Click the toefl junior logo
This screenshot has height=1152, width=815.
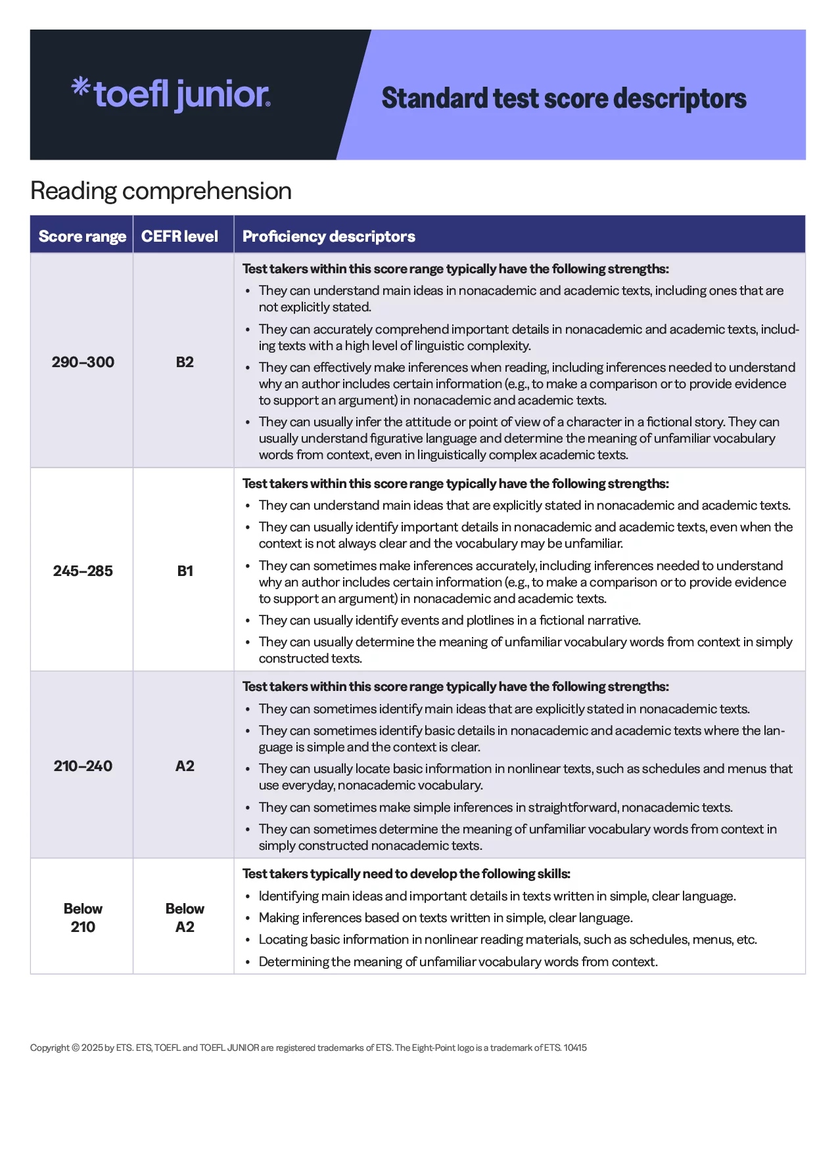click(x=171, y=95)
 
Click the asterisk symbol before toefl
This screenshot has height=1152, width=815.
click(x=80, y=87)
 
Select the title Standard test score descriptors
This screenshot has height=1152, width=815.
click(x=563, y=99)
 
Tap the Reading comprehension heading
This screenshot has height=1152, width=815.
click(x=161, y=191)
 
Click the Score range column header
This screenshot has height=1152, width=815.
click(x=82, y=236)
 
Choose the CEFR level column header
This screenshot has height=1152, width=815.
click(x=179, y=236)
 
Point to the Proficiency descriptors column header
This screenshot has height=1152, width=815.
click(x=329, y=236)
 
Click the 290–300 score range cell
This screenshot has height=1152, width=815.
click(x=83, y=362)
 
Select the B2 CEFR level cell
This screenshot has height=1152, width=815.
click(x=185, y=362)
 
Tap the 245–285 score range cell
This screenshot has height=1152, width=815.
click(x=83, y=571)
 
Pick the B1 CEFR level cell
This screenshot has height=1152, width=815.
click(x=185, y=571)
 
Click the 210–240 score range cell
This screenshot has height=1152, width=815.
click(x=83, y=766)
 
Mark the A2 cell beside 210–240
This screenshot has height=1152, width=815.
click(x=185, y=766)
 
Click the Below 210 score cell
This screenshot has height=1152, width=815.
click(x=83, y=918)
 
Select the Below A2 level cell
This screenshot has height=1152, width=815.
click(x=185, y=918)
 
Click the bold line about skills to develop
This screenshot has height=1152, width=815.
click(x=406, y=874)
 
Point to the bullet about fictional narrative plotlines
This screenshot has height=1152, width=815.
click(x=450, y=620)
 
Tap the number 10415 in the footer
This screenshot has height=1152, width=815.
click(x=575, y=1048)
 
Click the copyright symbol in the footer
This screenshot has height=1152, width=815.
click(x=76, y=1048)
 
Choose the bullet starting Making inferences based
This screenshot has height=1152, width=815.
click(x=446, y=918)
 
